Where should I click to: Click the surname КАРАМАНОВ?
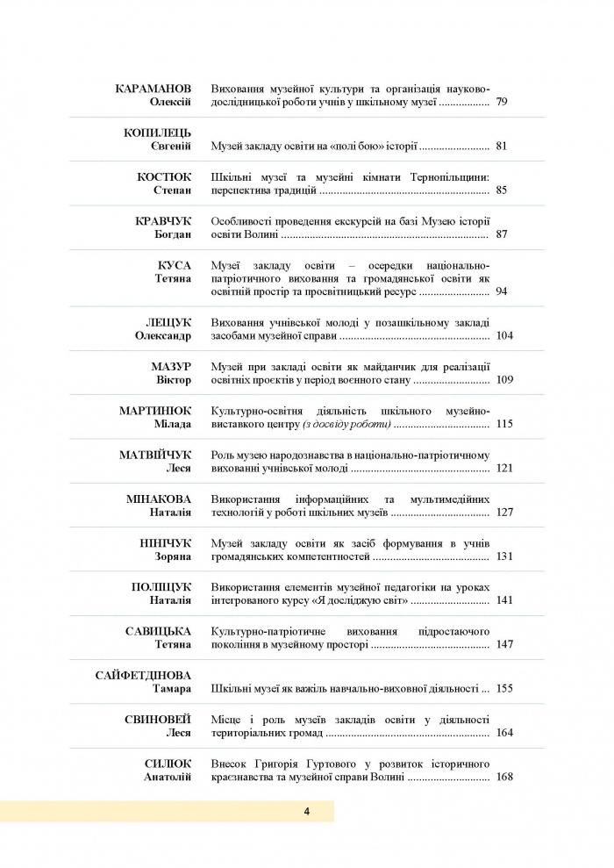[153, 90]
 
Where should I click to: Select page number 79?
[502, 104]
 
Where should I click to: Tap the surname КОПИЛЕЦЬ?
[158, 133]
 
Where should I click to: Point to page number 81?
[502, 147]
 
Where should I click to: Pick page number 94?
[502, 291]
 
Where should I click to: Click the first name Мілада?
[173, 424]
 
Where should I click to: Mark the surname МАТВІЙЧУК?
[155, 455]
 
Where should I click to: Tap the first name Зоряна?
[172, 556]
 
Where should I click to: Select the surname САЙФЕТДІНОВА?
[143, 675]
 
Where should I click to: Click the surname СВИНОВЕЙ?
[159, 719]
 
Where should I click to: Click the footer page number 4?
[307, 811]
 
